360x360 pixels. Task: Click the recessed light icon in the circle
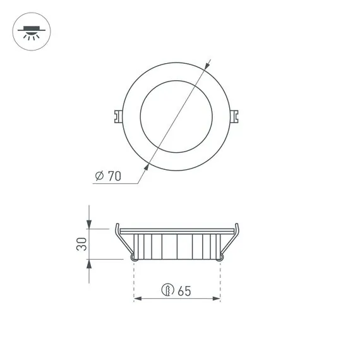(32, 32)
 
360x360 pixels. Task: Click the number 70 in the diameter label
(114, 176)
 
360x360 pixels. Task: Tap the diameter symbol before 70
(99, 176)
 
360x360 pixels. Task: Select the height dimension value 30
(81, 244)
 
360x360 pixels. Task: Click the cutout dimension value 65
(184, 291)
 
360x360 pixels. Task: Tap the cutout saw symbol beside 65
(167, 289)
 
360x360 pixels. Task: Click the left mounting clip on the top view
(118, 116)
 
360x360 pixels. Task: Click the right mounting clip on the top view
(234, 116)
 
